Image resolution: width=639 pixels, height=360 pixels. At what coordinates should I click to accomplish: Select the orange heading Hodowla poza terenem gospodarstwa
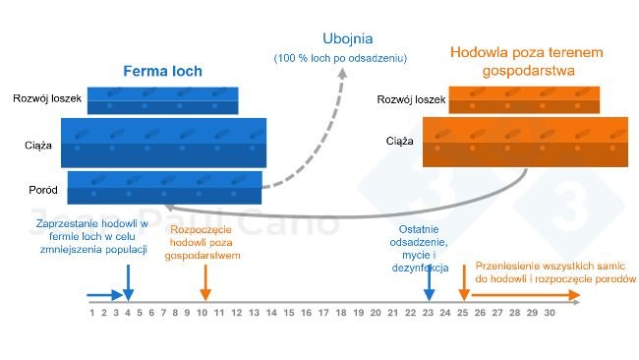click(526, 61)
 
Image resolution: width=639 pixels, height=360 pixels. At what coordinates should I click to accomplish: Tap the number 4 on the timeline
click(127, 314)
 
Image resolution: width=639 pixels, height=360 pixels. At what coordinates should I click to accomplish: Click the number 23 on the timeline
click(428, 314)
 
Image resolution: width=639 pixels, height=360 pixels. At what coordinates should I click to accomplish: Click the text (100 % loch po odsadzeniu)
click(339, 59)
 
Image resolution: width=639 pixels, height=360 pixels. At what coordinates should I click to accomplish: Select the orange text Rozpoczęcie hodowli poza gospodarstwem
click(205, 242)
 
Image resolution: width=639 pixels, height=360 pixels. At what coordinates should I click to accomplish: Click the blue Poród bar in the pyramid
click(164, 188)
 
